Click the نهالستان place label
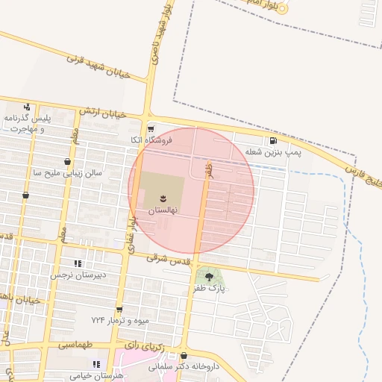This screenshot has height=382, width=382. coord(163,211)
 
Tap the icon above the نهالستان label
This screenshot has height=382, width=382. coord(163,198)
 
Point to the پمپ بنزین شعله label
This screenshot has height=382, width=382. coord(273,152)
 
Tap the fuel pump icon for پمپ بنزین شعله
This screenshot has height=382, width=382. coord(274,140)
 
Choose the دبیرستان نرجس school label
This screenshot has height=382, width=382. coord(76,275)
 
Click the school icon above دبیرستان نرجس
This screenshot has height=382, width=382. coord(77,263)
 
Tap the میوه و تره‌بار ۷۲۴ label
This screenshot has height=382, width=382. coord(120,320)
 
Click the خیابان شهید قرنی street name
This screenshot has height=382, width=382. coord(98,66)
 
